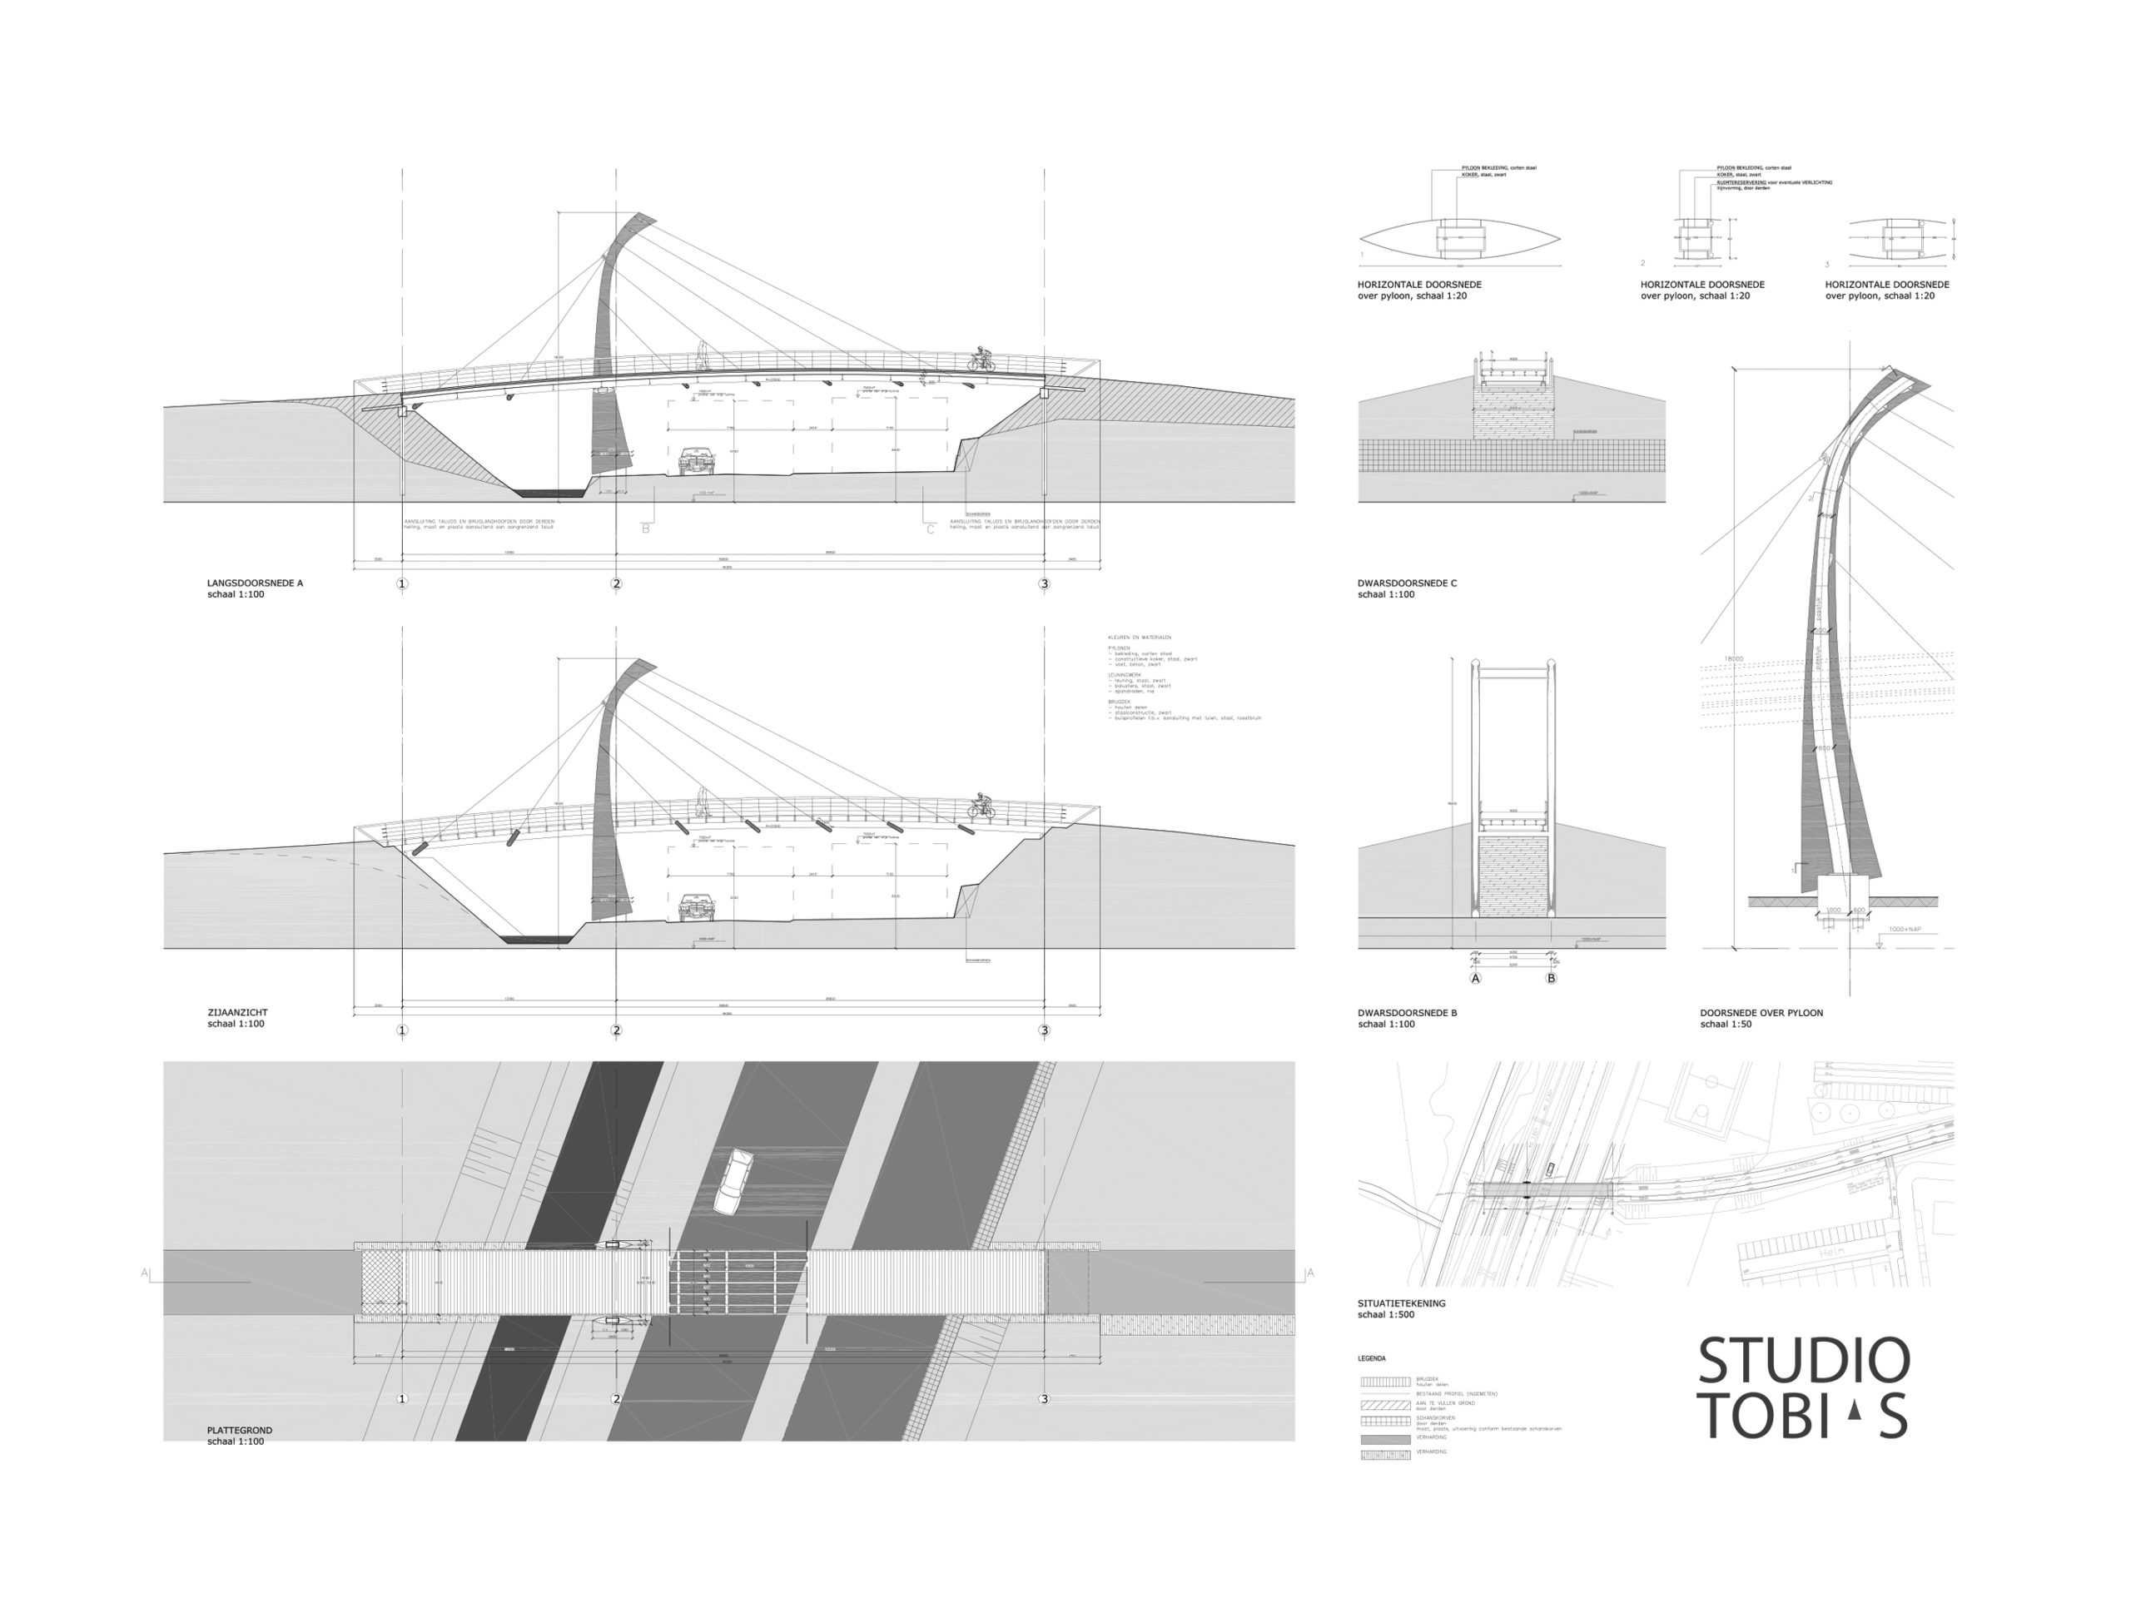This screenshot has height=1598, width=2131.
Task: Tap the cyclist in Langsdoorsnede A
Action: (x=981, y=360)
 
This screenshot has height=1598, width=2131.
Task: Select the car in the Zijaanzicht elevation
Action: (x=697, y=906)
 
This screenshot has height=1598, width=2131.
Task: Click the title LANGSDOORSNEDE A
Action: (x=255, y=583)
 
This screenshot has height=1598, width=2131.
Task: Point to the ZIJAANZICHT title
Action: (x=237, y=1012)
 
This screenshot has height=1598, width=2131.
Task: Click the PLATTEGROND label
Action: (x=239, y=1431)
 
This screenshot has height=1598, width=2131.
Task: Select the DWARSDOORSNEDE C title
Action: (x=1407, y=583)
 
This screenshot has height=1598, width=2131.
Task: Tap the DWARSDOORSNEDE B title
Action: (x=1407, y=1012)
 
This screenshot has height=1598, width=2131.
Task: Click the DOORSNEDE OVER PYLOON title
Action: (x=1761, y=1012)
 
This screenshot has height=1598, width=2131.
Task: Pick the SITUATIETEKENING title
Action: (x=1401, y=1303)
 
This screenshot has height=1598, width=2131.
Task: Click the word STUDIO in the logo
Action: (x=1802, y=1361)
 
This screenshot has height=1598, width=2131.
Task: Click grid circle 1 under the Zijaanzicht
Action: (x=403, y=1030)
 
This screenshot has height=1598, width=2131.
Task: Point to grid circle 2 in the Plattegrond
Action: (x=617, y=1398)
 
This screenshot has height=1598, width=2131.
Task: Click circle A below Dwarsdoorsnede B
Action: (x=1475, y=978)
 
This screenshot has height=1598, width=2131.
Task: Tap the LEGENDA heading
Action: (x=1372, y=1358)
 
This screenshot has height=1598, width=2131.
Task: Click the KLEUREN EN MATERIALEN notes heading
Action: (x=1140, y=638)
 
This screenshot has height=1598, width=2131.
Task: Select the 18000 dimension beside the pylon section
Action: (x=1733, y=660)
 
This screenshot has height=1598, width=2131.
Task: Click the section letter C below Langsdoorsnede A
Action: (x=931, y=529)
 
